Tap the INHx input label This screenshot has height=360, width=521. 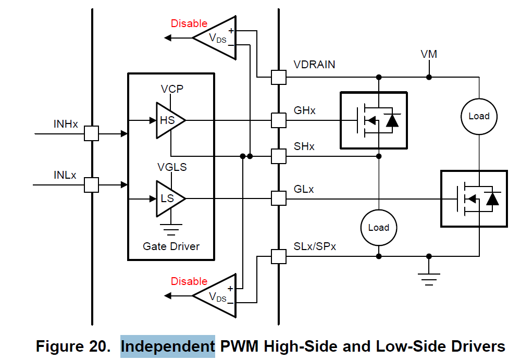tap(66, 124)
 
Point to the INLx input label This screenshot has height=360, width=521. tap(65, 175)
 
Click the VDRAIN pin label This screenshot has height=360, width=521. tap(314, 65)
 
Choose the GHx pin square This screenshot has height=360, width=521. tap(279, 120)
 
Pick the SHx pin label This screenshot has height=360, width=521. tap(304, 146)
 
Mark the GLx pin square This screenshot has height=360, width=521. tap(279, 198)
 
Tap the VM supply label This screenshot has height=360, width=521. tap(429, 54)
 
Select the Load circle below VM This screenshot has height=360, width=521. tap(479, 116)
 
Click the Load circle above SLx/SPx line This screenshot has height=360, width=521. tap(379, 228)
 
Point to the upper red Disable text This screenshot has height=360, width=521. tap(189, 23)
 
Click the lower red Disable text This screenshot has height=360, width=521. tap(189, 281)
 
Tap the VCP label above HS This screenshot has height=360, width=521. tap(172, 89)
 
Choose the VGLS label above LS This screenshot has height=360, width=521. tap(172, 167)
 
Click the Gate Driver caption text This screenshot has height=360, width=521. tap(171, 246)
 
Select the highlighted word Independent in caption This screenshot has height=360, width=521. tap(168, 346)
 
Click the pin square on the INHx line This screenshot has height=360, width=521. tap(92, 133)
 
